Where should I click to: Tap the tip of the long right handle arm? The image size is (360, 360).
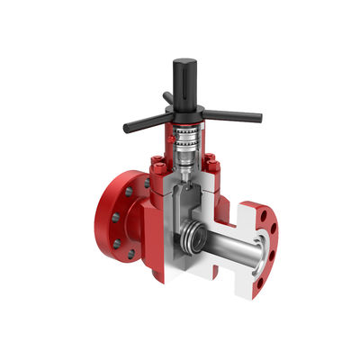point(259,117)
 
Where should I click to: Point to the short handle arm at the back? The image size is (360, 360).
point(167,97)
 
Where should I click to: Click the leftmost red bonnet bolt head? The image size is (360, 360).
point(154,163)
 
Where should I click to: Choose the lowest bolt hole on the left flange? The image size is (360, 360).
point(131,255)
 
